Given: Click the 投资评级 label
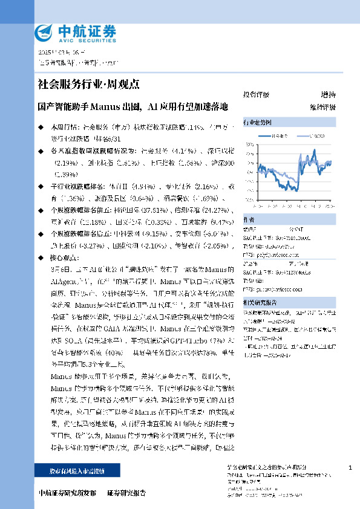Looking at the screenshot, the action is pyautogui.click(x=256, y=95).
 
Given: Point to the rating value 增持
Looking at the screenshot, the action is pyautogui.click(x=327, y=95).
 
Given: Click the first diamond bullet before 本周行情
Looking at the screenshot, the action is pyautogui.click(x=41, y=128).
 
